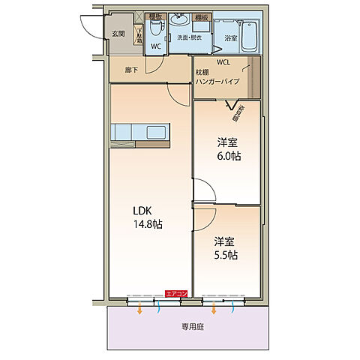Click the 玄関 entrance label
click(118, 34)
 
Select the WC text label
click(156, 46)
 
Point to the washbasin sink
click(178, 19)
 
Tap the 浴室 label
click(230, 37)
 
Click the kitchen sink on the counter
click(157, 133)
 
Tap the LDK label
click(143, 211)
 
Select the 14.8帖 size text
click(148, 224)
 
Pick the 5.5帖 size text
click(225, 255)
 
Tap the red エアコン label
click(177, 293)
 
